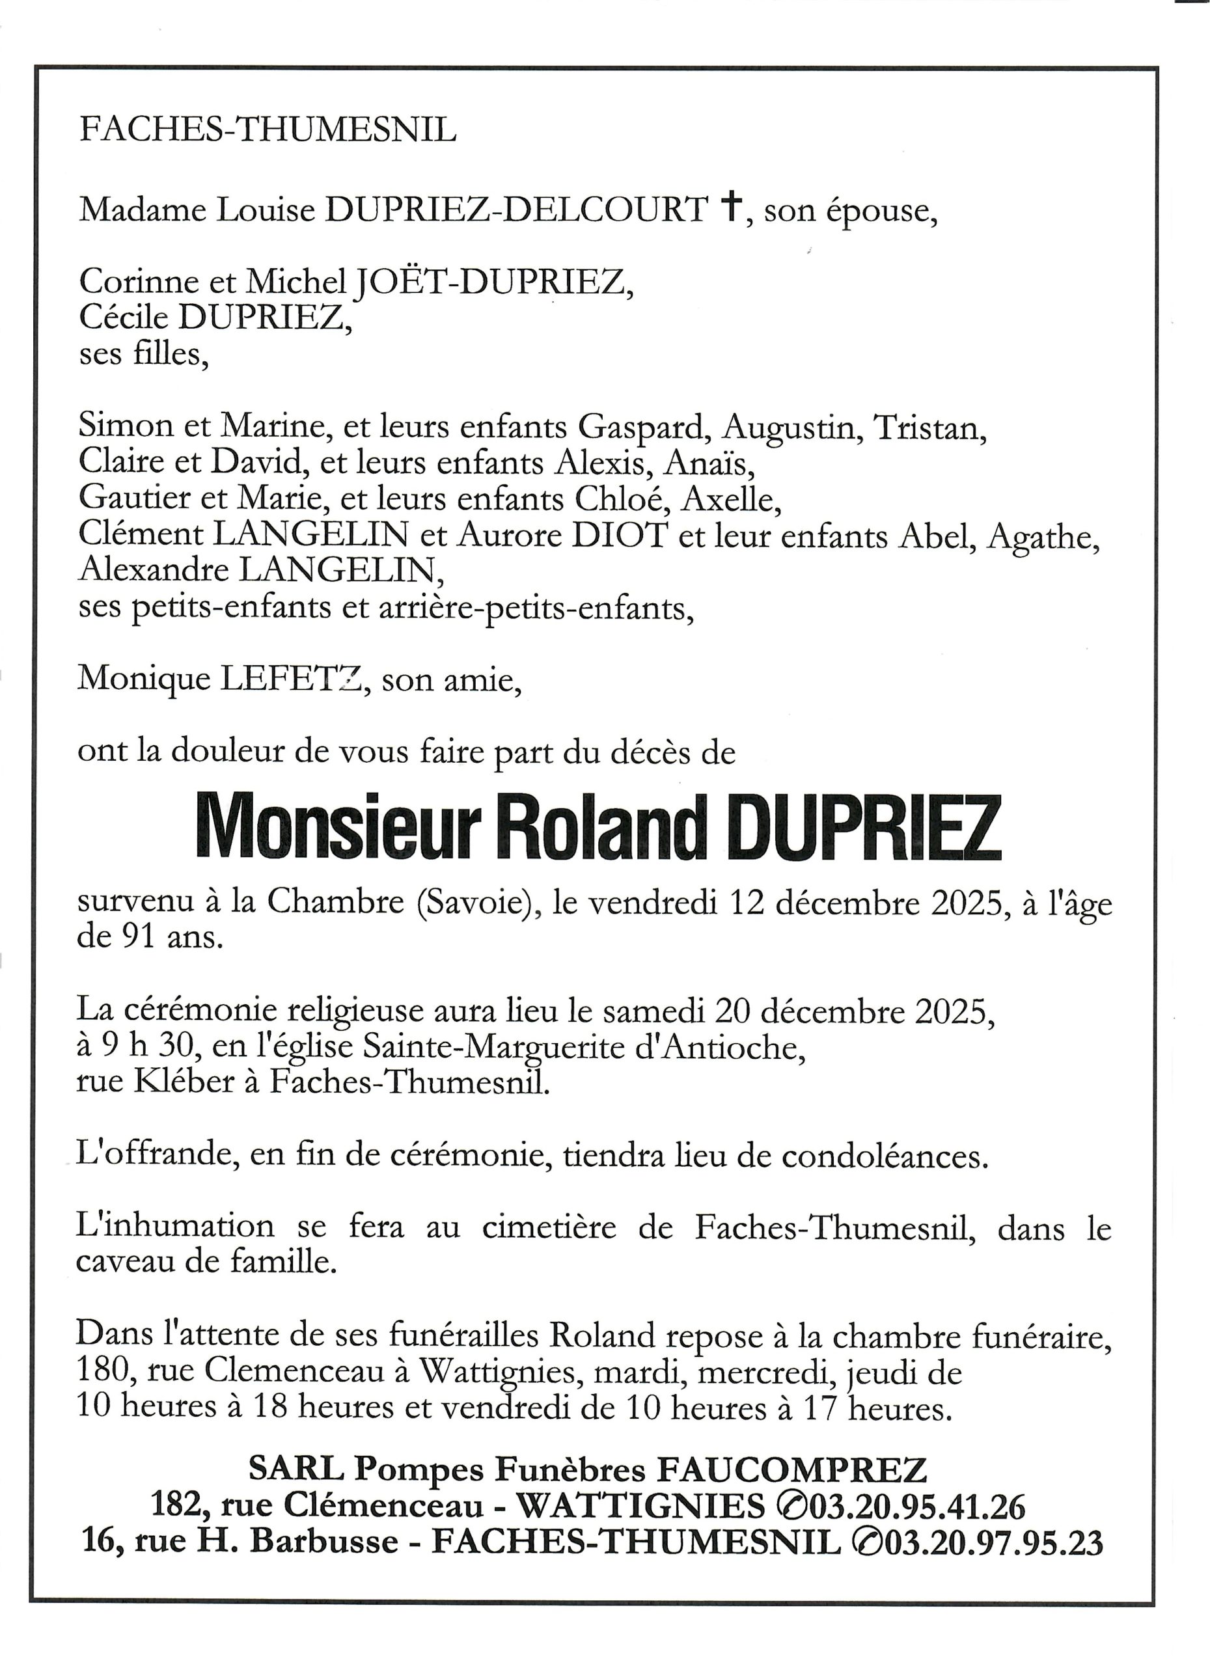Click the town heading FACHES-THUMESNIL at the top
268,131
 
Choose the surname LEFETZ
291,679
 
